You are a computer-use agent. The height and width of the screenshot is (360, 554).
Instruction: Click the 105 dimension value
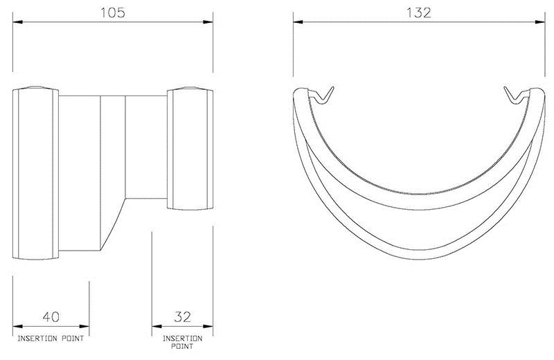(x=114, y=12)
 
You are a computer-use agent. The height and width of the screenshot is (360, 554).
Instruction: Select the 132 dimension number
(x=419, y=12)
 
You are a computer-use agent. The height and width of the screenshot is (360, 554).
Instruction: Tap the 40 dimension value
(x=51, y=318)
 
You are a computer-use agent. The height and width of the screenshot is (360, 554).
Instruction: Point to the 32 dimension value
(x=183, y=318)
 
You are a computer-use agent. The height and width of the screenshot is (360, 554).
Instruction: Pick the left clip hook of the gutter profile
(x=321, y=96)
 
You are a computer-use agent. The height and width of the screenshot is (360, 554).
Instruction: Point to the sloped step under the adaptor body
(x=114, y=222)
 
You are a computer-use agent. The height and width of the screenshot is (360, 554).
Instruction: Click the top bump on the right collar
(x=189, y=89)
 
